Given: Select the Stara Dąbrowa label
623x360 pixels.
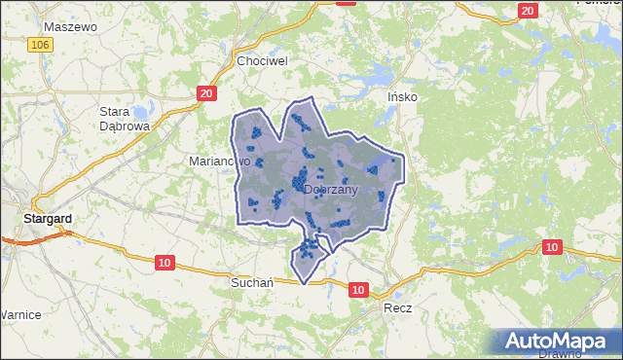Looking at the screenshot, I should (124, 118).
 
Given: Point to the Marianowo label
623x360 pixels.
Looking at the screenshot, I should (219, 161).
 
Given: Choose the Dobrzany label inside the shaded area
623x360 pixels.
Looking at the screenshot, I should (331, 190).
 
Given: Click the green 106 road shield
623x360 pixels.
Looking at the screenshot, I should (40, 46).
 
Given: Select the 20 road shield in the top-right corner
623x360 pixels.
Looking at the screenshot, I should (528, 11).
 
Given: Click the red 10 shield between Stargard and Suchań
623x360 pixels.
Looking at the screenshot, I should (163, 262).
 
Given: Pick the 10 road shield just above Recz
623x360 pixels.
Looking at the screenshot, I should (358, 289).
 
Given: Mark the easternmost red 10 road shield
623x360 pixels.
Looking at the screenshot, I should (552, 247).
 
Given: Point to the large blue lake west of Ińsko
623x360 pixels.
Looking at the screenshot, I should (367, 78).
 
